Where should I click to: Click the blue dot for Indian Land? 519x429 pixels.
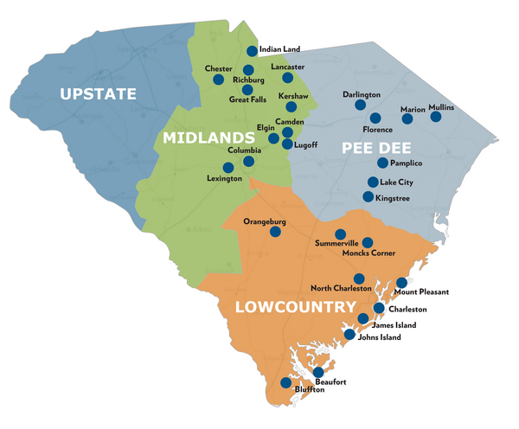(253, 51)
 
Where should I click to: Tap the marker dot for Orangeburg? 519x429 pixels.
(276, 232)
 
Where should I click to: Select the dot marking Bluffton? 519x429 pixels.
(286, 382)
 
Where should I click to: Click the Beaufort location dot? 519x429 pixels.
(318, 372)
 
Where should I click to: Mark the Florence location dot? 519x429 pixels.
(375, 118)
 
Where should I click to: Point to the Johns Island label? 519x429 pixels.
(380, 337)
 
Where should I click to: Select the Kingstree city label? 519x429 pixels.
(396, 198)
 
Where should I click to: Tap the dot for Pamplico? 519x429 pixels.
(382, 163)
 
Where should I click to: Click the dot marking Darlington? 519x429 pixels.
(360, 105)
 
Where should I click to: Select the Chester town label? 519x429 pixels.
(219, 68)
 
